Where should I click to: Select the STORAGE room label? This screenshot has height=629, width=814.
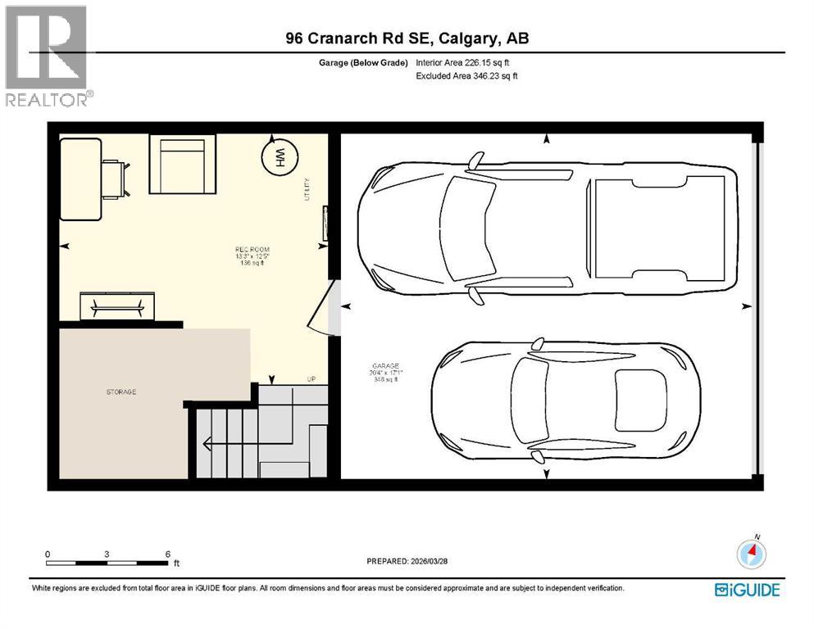pyautogui.click(x=121, y=391)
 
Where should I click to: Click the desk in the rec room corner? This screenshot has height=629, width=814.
pyautogui.click(x=81, y=179)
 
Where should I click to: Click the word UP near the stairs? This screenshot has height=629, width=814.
pyautogui.click(x=311, y=379)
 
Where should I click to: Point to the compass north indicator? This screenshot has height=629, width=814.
pyautogui.click(x=752, y=552)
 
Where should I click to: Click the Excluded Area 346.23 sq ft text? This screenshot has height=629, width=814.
pyautogui.click(x=467, y=76)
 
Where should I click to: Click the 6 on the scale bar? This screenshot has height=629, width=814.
pyautogui.click(x=167, y=554)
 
